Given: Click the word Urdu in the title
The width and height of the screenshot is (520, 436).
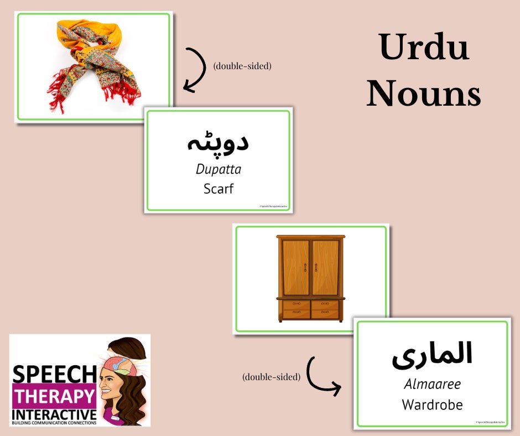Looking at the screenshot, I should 424,48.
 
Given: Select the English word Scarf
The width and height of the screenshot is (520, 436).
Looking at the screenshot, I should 219,189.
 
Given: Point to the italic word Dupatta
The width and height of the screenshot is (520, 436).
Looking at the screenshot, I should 219,169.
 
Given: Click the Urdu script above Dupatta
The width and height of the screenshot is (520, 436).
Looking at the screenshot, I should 217,142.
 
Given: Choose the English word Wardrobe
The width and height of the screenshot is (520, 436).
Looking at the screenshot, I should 432,404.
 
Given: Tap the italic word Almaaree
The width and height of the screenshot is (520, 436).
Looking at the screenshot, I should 432,384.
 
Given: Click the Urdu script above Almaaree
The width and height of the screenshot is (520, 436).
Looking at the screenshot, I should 432,354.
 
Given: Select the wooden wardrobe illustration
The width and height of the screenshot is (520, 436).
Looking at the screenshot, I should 310,278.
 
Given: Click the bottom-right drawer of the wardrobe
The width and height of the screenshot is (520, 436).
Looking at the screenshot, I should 325,313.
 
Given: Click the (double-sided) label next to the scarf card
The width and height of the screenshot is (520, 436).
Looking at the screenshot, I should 242,66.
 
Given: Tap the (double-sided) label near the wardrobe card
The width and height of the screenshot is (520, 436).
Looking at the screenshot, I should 272,377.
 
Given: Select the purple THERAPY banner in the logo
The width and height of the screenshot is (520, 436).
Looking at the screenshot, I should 54,396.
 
